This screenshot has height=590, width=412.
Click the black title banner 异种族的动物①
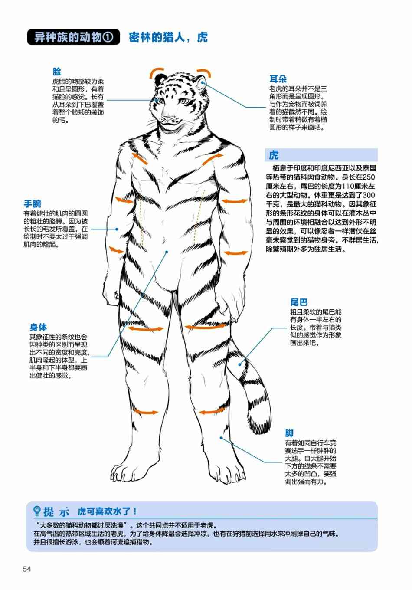73,37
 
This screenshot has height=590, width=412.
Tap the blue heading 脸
57,72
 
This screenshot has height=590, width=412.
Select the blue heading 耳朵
278,79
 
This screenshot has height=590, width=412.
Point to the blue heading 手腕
33,203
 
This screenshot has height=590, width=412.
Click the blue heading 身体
38,327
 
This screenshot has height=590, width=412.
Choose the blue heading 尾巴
299,302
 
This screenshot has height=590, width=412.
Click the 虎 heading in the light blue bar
274,155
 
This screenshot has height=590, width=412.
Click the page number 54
27,569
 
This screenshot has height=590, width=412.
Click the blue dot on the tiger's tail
239,364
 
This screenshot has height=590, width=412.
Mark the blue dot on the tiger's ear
202,83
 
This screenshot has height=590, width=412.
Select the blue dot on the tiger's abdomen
167,252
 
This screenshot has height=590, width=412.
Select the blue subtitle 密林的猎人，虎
168,37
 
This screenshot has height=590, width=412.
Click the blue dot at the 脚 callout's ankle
221,438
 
